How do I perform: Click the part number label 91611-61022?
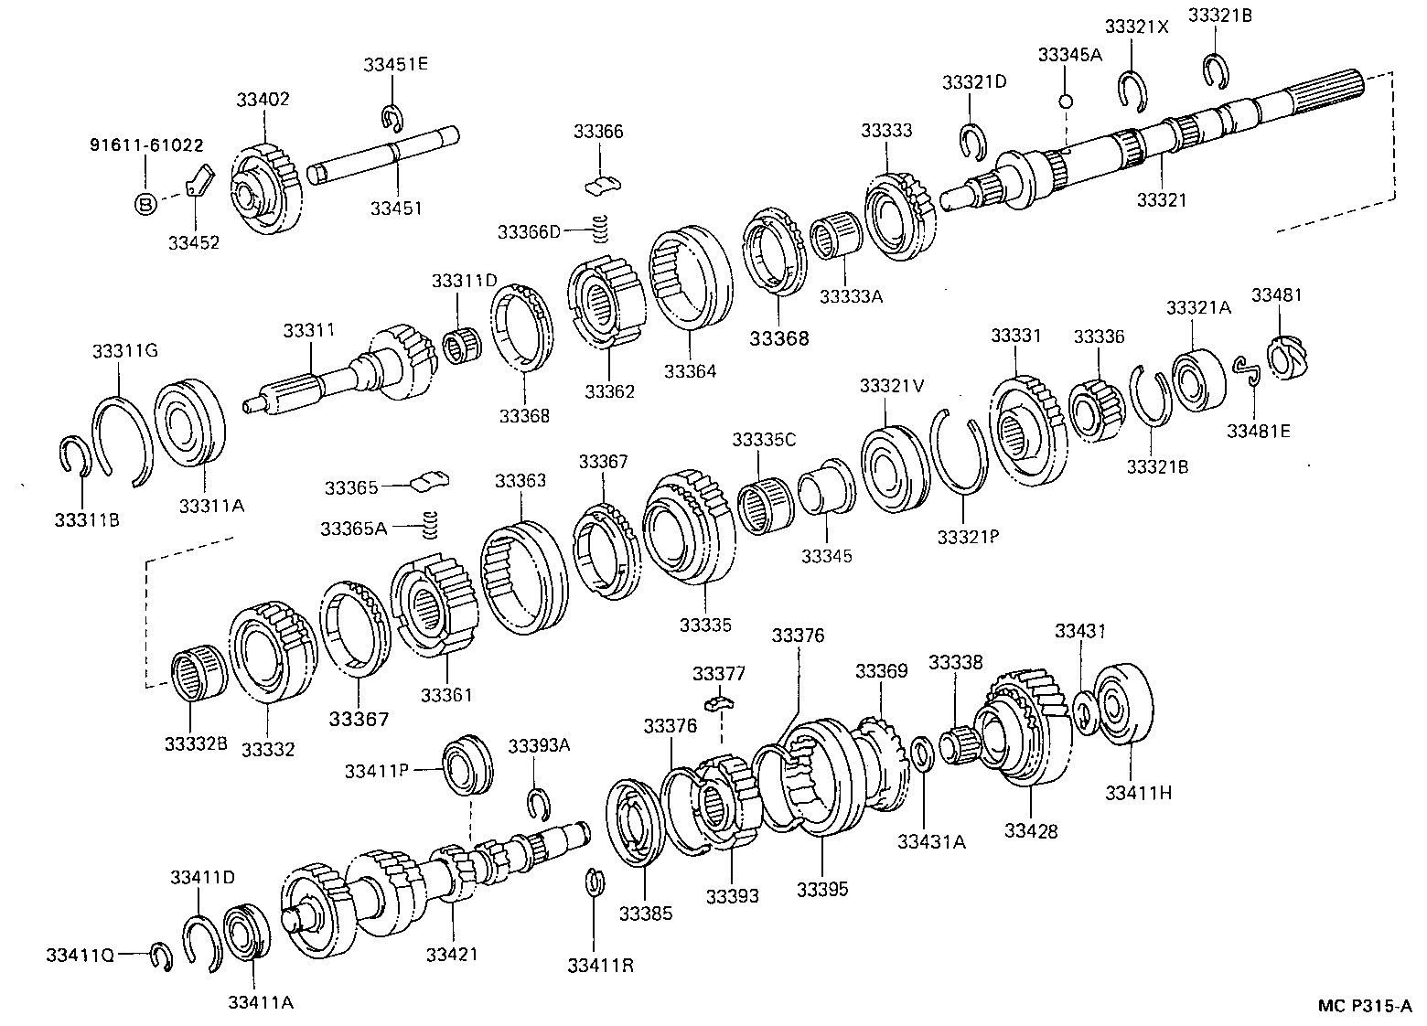point(146,145)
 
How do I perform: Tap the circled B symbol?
point(145,204)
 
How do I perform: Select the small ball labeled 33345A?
point(1064,100)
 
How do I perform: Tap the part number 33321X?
point(1136,27)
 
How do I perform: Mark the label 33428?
point(1031,830)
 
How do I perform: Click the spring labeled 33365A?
point(428,526)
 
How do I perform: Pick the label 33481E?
point(1259,430)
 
